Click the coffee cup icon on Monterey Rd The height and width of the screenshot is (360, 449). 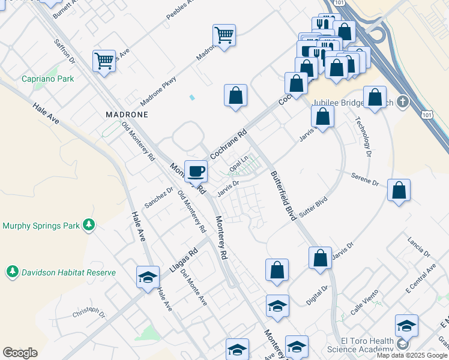pyautogui.click(x=196, y=172)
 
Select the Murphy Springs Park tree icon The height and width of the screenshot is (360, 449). pyautogui.click(x=89, y=225)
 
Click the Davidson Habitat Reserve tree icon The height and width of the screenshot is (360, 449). pyautogui.click(x=12, y=272)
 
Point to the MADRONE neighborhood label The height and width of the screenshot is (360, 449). pyautogui.click(x=126, y=113)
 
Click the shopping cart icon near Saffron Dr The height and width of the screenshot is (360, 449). pyautogui.click(x=104, y=61)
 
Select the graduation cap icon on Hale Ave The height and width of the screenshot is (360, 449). pyautogui.click(x=148, y=277)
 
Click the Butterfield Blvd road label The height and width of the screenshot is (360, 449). pyautogui.click(x=283, y=196)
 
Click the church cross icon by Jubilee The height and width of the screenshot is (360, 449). pyautogui.click(x=402, y=102)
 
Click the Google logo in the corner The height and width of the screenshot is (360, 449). pyautogui.click(x=20, y=353)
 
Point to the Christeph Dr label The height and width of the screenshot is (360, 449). pyautogui.click(x=89, y=313)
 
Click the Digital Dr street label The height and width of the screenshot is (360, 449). pyautogui.click(x=317, y=296)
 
